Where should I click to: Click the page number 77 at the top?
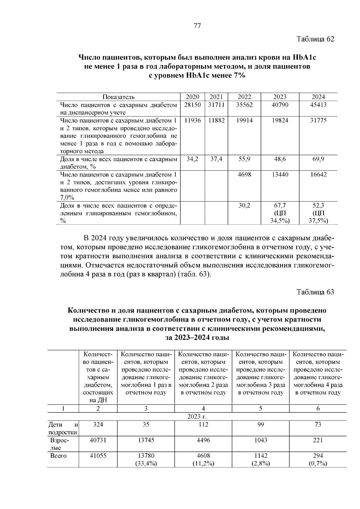(197, 26)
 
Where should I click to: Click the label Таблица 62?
(315, 39)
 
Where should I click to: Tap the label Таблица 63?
(315, 292)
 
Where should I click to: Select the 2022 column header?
(244, 97)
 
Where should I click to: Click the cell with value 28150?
(192, 105)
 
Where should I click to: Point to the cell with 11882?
(216, 121)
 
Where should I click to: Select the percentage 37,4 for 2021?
(216, 159)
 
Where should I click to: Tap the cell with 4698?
(244, 175)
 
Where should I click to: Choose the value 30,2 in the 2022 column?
(244, 206)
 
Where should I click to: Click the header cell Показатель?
(118, 97)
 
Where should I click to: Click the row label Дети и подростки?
(63, 428)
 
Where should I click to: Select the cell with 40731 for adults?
(98, 440)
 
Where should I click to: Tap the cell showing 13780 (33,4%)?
(146, 460)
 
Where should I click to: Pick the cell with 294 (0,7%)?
(318, 460)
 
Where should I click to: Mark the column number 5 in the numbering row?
(261, 409)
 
